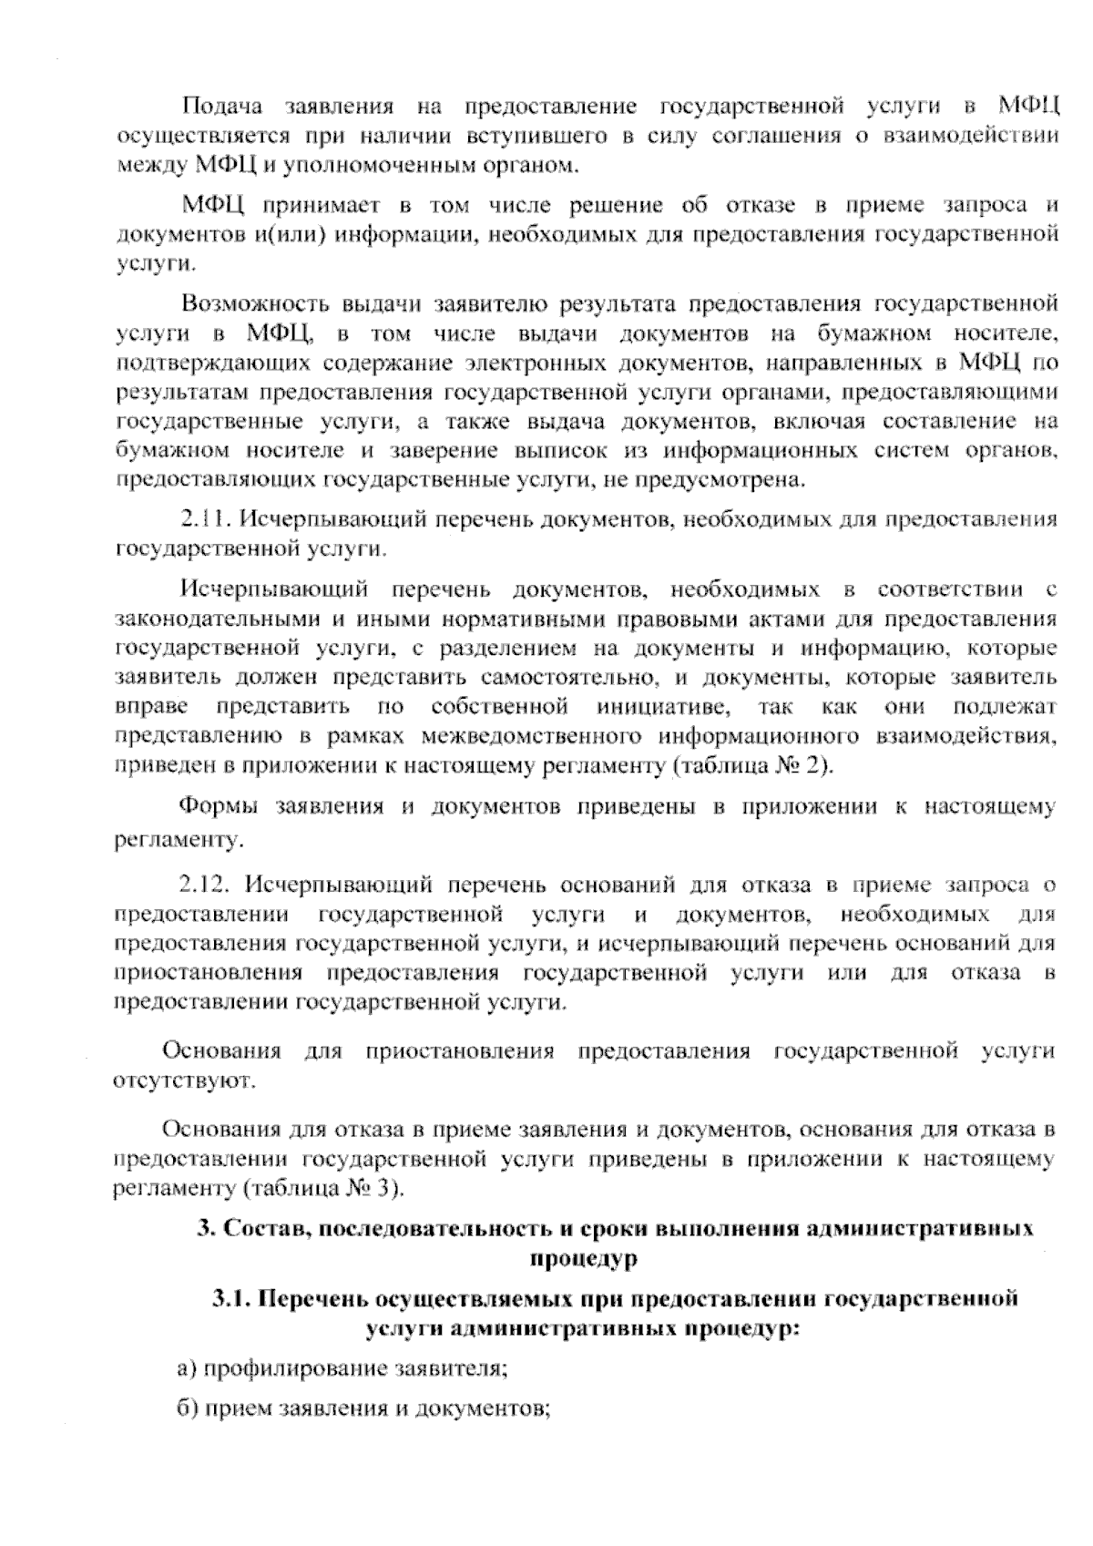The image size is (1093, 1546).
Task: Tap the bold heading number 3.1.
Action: tap(232, 1298)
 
